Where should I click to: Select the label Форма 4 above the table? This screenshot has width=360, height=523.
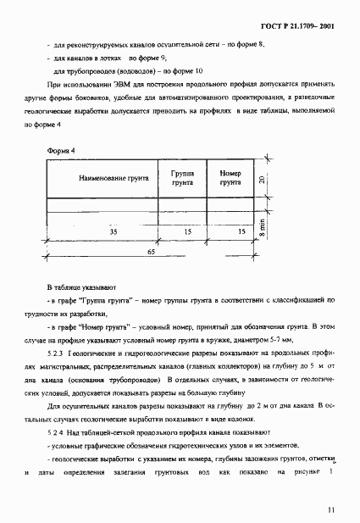(x=63, y=151)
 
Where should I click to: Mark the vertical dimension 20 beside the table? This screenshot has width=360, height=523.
(x=263, y=179)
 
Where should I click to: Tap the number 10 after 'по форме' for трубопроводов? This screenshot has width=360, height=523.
(x=199, y=71)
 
